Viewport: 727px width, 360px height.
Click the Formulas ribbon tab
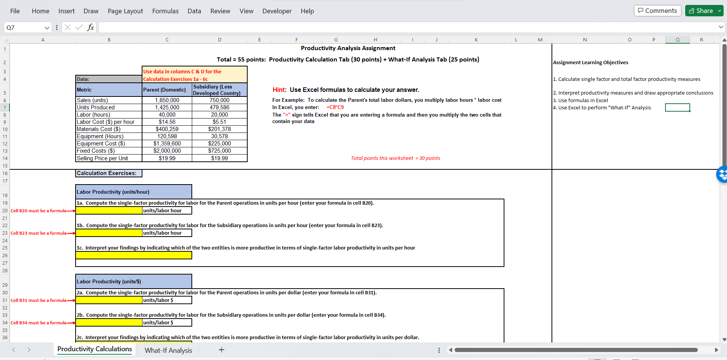click(165, 11)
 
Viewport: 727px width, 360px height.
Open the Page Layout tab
click(125, 11)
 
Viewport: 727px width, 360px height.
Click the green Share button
click(701, 11)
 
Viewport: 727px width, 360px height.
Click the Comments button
click(657, 11)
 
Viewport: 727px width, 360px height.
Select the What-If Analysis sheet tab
click(168, 350)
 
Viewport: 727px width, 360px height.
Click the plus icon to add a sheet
click(221, 350)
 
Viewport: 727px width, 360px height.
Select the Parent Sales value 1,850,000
click(167, 100)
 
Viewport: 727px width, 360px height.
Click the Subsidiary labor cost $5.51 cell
click(220, 122)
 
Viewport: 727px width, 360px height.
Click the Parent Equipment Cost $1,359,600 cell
click(167, 144)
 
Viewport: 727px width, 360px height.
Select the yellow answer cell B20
click(109, 210)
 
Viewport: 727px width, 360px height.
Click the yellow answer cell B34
click(109, 322)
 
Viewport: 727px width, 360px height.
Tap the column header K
click(476, 39)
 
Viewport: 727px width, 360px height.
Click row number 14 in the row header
click(5, 158)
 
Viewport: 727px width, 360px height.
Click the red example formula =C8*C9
click(335, 107)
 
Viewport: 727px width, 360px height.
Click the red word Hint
click(279, 90)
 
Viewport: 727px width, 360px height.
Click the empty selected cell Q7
click(677, 107)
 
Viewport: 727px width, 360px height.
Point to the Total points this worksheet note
click(395, 158)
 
